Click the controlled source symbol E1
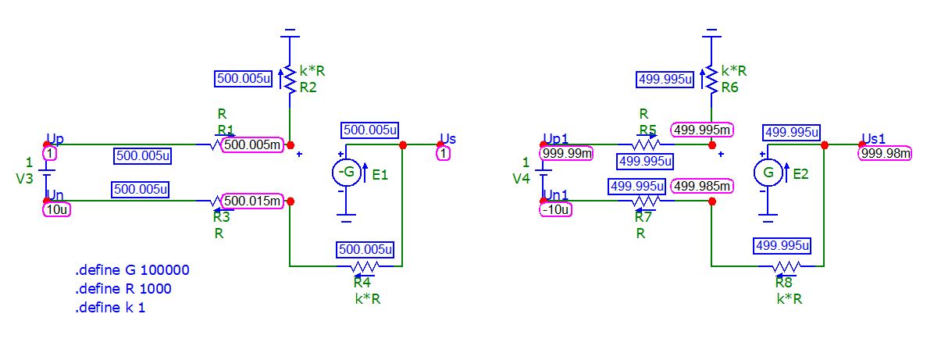[347, 173]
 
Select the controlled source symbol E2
[769, 173]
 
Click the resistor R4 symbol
[363, 267]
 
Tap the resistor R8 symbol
[785, 267]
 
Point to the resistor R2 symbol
[290, 79]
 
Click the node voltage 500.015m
[252, 201]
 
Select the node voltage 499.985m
[702, 186]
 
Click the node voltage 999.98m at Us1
[886, 154]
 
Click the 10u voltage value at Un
[57, 209]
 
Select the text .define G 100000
[132, 270]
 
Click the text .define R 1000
[123, 289]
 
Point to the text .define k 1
[110, 308]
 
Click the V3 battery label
[25, 178]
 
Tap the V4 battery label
[521, 178]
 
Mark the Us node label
[447, 139]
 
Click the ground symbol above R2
[290, 34]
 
